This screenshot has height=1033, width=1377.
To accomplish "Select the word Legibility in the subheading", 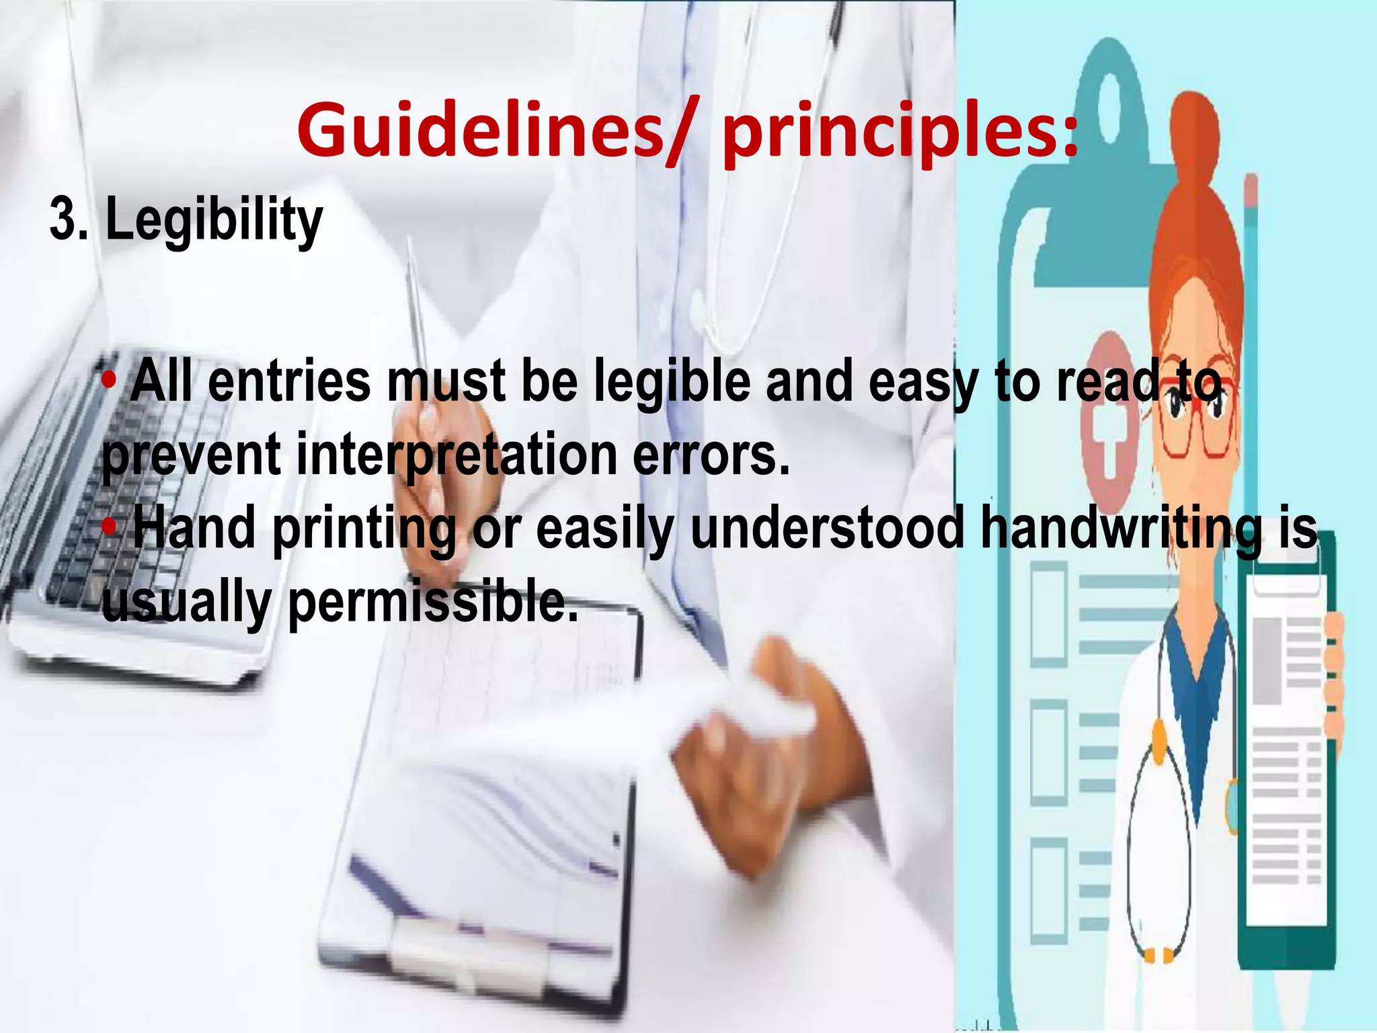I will [x=214, y=221].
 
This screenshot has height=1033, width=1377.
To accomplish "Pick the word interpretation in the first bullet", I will [x=457, y=455].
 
